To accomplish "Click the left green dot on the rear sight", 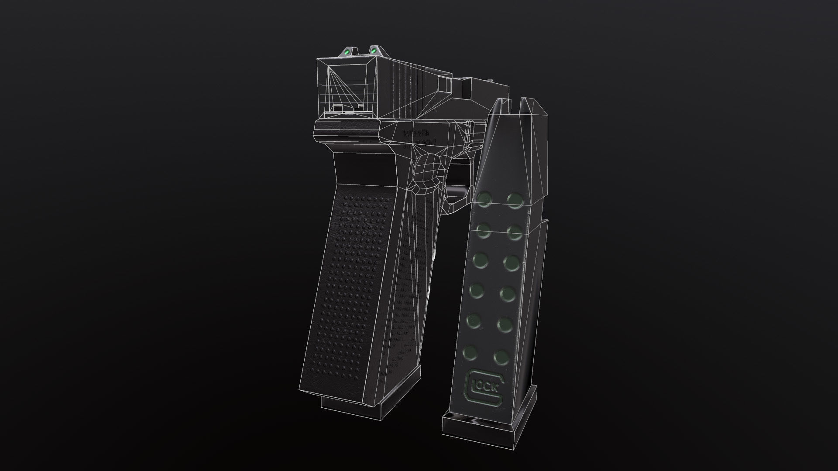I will coord(347,52).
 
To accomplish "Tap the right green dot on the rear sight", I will coord(374,51).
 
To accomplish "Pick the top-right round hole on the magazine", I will coord(515,199).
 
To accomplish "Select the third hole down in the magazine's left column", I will coord(479,259).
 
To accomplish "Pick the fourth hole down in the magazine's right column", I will coord(507,293).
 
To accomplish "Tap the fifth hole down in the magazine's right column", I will coord(505,324).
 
